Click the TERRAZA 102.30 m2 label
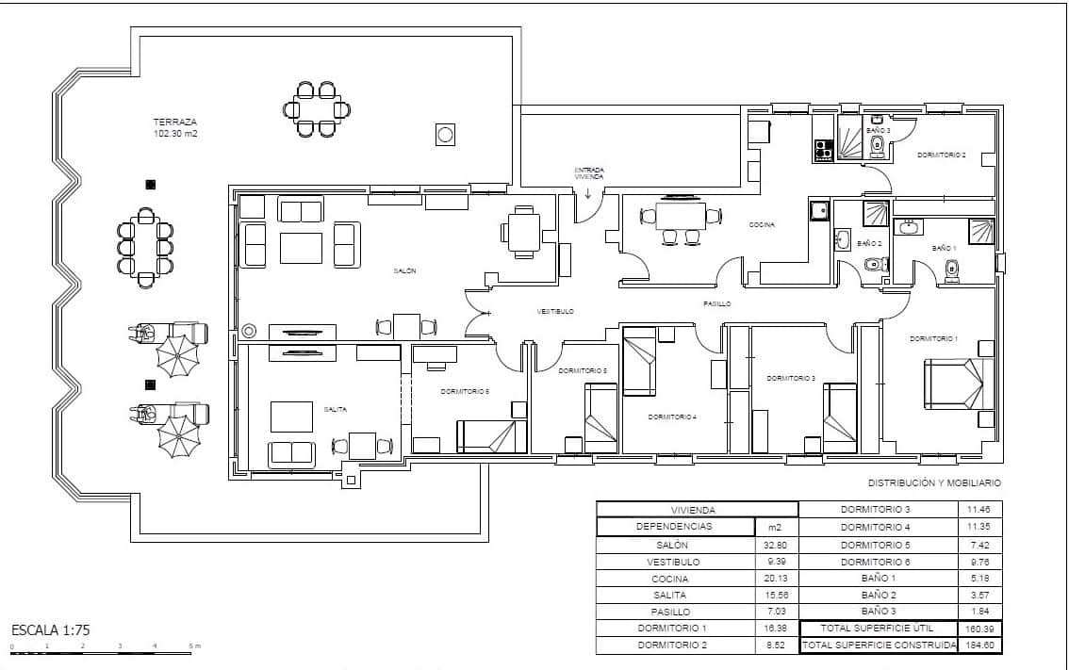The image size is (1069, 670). pos(175,128)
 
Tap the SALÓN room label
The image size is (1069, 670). pos(404,271)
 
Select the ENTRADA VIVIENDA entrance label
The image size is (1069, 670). pos(588,174)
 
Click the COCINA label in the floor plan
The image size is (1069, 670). pos(762,225)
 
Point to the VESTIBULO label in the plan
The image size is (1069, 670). pos(555,311)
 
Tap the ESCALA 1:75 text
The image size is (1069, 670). pos(51,629)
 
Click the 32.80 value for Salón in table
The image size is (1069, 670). pos(776,545)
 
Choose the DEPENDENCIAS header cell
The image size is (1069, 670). pos(675,527)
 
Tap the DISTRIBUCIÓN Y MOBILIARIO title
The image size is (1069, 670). pos(933,482)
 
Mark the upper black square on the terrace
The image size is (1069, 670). pos(150,185)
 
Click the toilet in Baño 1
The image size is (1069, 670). pos(951,272)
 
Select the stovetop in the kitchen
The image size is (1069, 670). pos(823,148)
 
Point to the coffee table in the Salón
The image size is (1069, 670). pos(300,247)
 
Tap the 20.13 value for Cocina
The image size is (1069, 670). pos(776,579)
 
